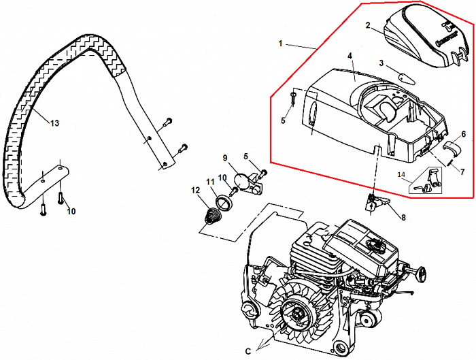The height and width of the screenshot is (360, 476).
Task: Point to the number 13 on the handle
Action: click(54, 123)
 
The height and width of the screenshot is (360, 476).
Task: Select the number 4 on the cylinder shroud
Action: click(350, 56)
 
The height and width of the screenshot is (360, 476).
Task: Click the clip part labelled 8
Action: click(376, 202)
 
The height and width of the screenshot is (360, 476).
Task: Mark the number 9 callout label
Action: click(224, 158)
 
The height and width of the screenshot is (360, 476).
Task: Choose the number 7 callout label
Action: click(462, 171)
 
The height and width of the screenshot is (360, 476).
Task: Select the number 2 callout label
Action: click(367, 26)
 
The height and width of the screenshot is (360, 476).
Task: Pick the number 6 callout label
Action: click(464, 134)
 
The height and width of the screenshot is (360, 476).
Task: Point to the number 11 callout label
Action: click(210, 182)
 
